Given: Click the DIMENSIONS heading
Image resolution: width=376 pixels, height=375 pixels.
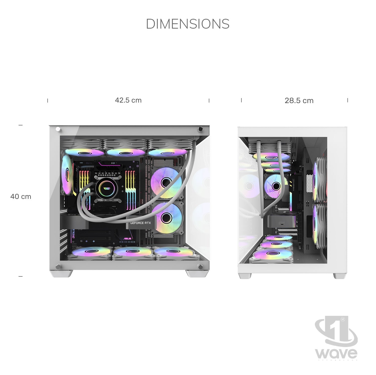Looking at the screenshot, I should pos(187,24).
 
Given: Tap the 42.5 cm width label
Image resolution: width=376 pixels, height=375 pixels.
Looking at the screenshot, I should pos(128,100).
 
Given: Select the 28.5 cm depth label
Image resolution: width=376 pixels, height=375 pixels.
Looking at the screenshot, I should pos(299,101).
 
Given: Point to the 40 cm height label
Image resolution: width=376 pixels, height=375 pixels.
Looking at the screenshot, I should pos(21,196).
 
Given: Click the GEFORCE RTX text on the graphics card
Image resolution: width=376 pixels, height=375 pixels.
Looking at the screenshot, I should pos(140,223).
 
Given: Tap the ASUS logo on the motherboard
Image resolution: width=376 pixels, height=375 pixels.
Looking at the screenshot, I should pos(127,239).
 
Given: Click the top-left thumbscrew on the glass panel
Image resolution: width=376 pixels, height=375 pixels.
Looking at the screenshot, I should pos(58,129).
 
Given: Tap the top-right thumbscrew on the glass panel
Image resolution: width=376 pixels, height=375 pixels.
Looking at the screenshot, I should pos(200,129).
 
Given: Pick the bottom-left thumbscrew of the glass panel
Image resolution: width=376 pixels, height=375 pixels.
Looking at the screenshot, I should pos(58,267).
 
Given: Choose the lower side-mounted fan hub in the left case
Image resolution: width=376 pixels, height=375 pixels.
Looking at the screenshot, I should pos(166,218).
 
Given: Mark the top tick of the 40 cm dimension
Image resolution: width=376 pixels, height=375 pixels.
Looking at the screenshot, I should pos(21,125).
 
